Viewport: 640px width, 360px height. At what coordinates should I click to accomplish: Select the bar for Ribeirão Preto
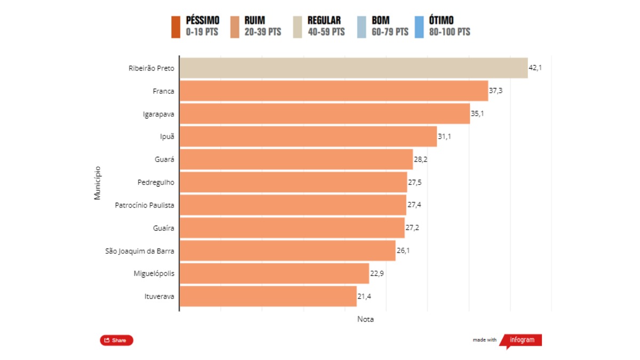coord(354,68)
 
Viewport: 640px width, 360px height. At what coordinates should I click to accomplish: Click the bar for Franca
coord(334,91)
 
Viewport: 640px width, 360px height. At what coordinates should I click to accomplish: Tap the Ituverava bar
coord(268,296)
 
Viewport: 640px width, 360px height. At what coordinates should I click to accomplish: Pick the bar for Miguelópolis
coord(274,274)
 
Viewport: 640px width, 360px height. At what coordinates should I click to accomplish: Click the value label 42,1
coord(535,68)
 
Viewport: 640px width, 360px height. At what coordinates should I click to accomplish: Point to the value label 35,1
coord(477,114)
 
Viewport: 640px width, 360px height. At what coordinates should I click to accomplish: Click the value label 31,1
coord(444,137)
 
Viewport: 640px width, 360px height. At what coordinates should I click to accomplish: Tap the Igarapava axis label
coord(158,114)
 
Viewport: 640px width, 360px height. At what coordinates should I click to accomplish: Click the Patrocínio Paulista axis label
coord(145,205)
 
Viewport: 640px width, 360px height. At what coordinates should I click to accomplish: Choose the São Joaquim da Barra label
coord(140,251)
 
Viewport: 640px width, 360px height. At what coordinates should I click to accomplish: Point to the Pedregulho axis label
coord(156,182)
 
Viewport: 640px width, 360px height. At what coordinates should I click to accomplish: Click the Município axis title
coord(98,182)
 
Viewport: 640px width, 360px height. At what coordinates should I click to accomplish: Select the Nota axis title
coord(365,319)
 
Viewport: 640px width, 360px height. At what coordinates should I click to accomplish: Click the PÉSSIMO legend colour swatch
coord(176,27)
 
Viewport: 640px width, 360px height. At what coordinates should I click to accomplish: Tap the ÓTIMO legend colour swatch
coord(419,27)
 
